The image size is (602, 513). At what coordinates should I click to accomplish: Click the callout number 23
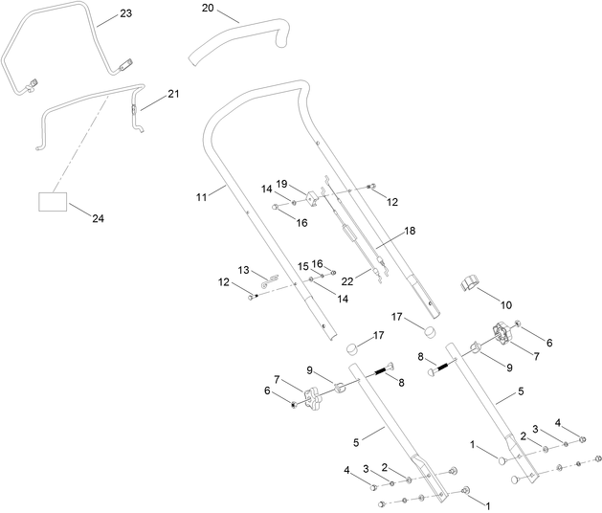[126, 14]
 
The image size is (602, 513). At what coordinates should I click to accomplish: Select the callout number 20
[209, 8]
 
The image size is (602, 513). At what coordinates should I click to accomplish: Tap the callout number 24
[99, 218]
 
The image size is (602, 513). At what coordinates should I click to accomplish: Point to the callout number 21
[173, 94]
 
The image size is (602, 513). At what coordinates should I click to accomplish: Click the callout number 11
[201, 196]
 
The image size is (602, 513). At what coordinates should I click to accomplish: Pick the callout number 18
[410, 232]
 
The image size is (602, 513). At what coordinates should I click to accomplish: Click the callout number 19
[282, 183]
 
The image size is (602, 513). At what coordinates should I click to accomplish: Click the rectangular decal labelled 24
[54, 201]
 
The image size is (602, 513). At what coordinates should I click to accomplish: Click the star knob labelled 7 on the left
[316, 394]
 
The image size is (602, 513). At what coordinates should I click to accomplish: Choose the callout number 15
[302, 265]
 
